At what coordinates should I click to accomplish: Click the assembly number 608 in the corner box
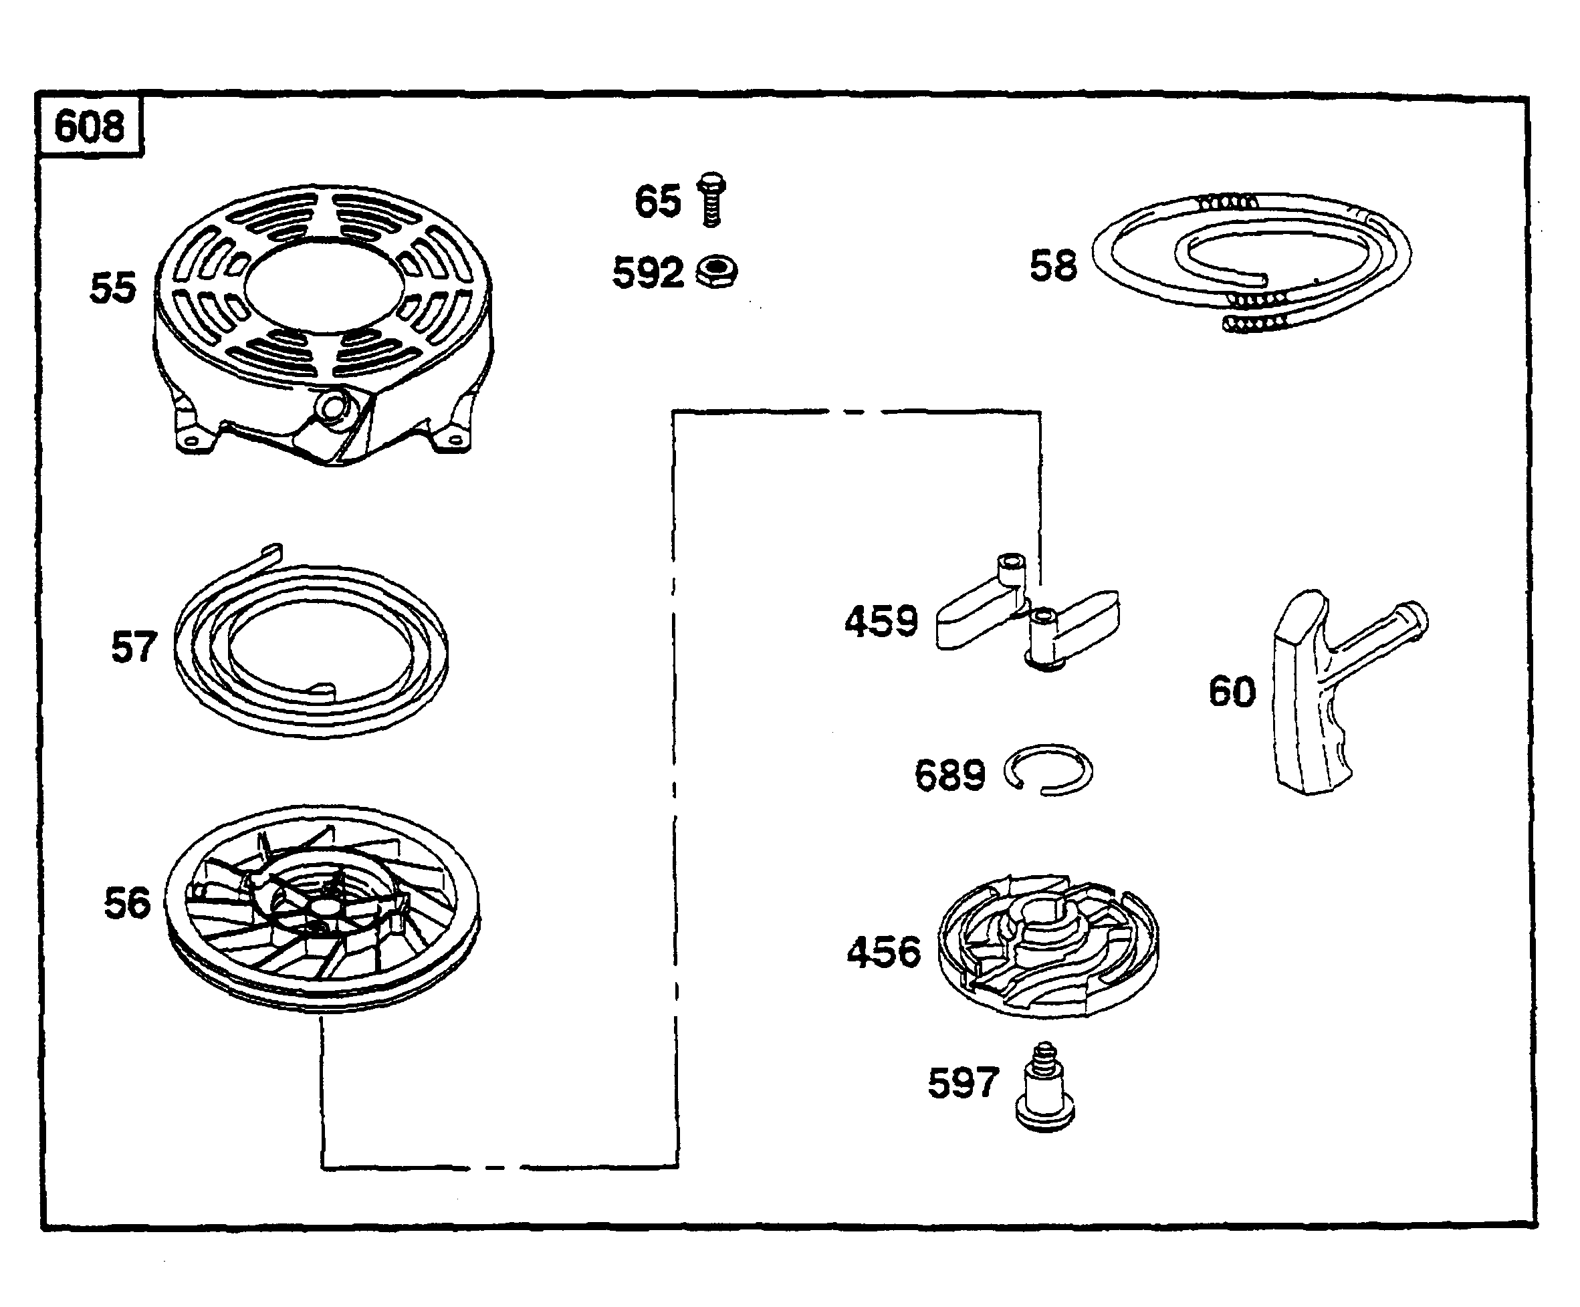(89, 126)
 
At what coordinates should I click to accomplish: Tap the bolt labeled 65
(711, 199)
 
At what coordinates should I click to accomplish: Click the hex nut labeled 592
(717, 271)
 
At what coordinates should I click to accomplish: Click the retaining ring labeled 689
(1048, 769)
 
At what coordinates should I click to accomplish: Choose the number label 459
(881, 622)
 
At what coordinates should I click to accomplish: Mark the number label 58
(1052, 266)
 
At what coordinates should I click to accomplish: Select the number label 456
(883, 952)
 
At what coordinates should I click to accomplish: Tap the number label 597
(963, 1084)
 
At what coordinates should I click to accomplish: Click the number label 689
(949, 775)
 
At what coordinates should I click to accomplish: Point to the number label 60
(1232, 691)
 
